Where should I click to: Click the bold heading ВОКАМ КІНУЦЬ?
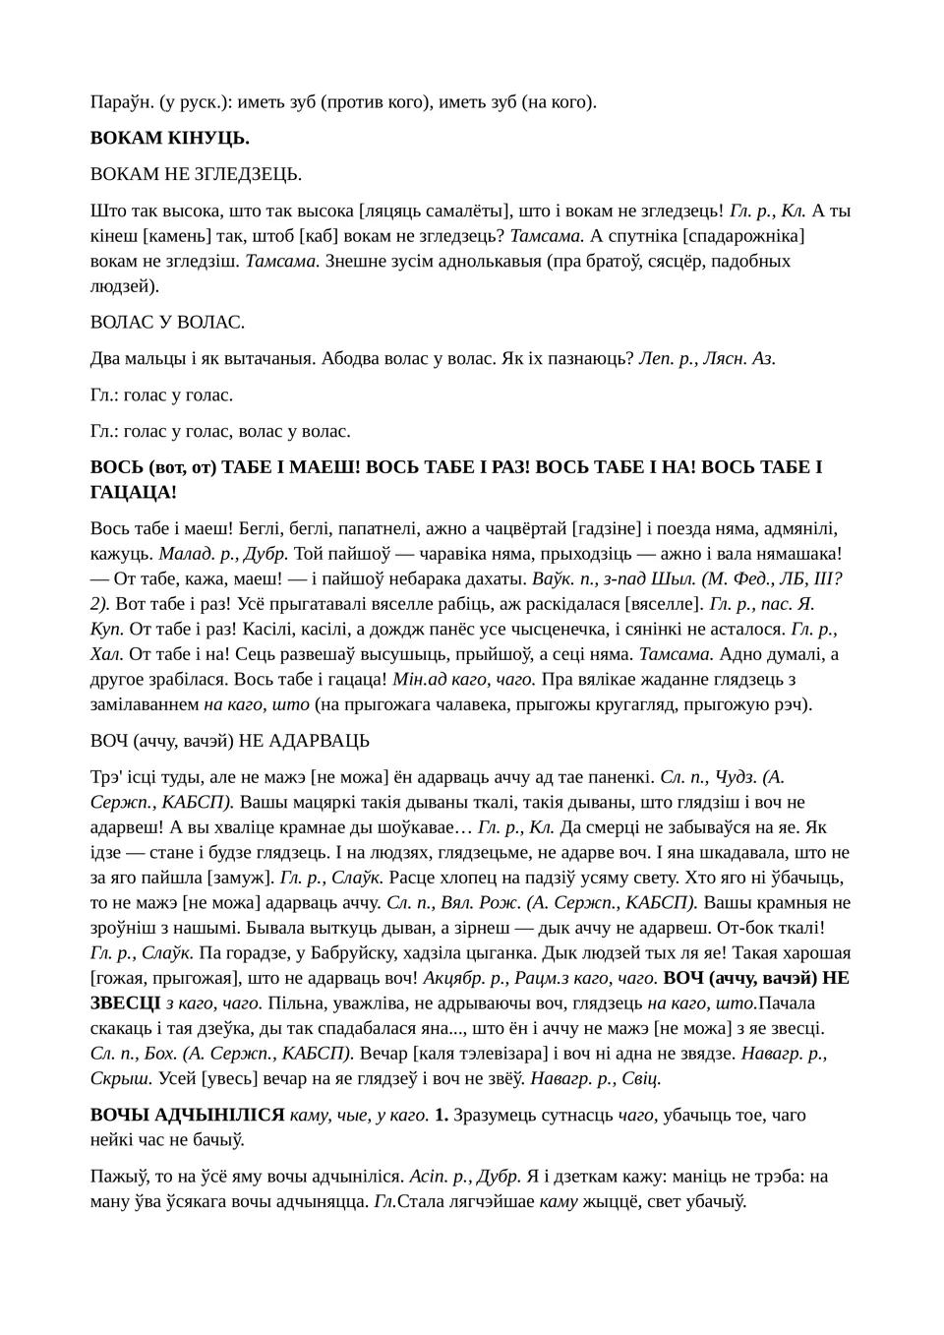(x=169, y=138)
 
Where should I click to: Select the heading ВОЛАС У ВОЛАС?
(x=167, y=322)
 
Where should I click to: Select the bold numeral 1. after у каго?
(x=442, y=1115)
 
